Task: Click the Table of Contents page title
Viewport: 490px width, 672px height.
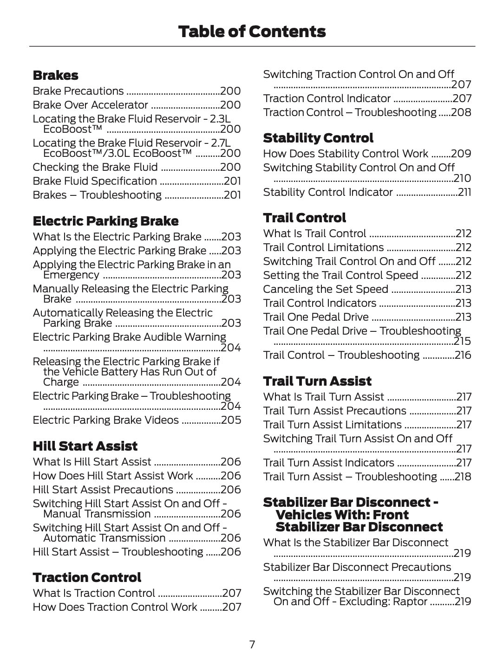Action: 252,32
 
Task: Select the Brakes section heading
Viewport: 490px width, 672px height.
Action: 55,75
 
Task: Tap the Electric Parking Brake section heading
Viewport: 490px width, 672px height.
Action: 105,221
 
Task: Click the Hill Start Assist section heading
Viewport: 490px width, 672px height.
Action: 85,446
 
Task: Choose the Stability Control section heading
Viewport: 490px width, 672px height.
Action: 318,138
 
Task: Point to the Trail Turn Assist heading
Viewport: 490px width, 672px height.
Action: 317,381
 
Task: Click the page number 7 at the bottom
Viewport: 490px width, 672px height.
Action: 252,645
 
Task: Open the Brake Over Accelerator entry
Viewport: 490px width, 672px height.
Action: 90,105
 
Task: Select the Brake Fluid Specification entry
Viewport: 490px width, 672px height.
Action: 95,181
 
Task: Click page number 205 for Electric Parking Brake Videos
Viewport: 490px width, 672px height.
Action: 231,420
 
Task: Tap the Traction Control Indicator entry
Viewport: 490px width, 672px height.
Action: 327,98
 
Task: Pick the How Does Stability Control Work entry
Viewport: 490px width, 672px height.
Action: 346,154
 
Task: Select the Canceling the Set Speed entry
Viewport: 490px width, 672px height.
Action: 325,289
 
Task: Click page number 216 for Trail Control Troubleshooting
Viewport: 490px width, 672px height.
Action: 463,355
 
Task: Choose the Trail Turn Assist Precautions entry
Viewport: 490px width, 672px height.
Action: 334,411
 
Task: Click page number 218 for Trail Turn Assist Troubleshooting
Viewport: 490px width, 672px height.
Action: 463,477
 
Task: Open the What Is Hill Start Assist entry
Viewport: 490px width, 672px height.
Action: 92,462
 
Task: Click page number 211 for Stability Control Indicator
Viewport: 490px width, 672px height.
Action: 464,192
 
